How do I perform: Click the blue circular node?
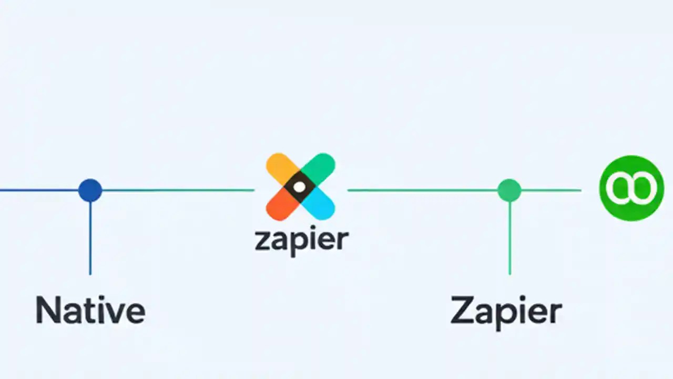coord(90,190)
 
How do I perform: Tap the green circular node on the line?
coord(509,190)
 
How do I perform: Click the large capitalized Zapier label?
coord(506,312)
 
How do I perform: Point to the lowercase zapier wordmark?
coord(301,240)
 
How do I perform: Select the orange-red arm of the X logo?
coord(279,207)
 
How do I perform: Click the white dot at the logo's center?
coord(299,186)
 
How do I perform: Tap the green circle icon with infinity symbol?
coord(631,187)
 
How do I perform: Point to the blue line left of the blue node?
coord(37,190)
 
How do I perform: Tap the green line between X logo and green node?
coord(421,190)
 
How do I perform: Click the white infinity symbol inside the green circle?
coord(631,187)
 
